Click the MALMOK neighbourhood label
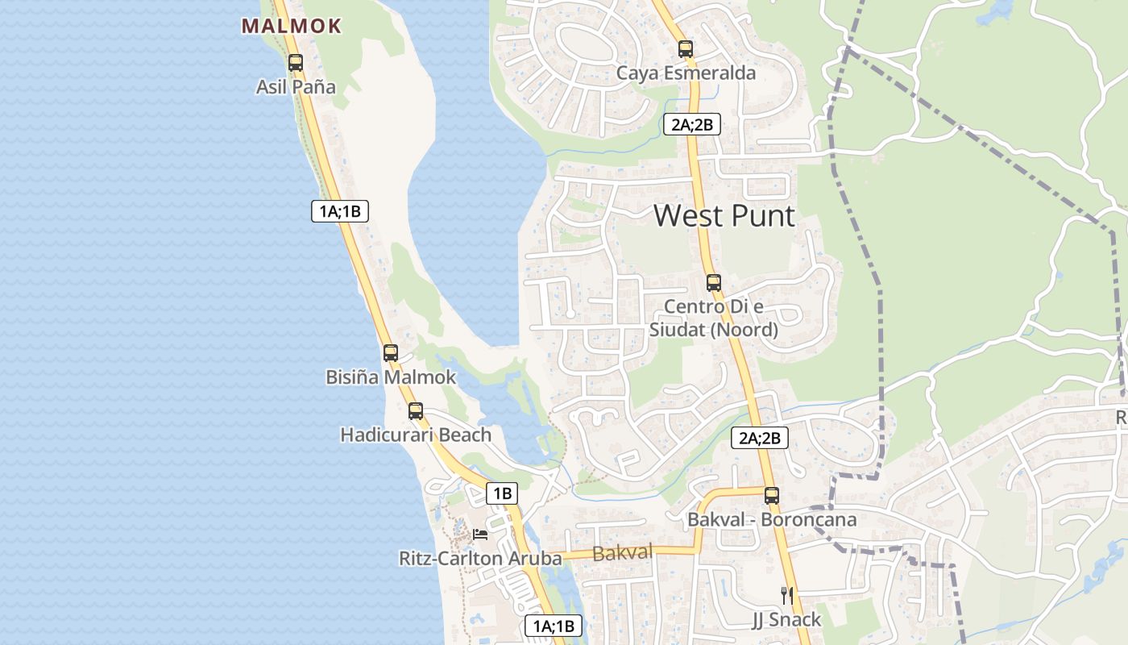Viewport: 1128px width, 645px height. point(292,26)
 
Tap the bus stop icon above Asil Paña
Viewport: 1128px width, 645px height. point(296,62)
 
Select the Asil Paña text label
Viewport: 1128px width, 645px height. point(296,86)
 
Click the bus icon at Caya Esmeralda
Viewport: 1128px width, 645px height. point(686,48)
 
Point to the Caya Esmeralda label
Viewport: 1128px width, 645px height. point(686,73)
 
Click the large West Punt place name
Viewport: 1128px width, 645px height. point(724,215)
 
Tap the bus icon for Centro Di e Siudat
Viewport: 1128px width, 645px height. point(713,283)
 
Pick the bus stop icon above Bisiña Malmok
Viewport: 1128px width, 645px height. point(391,352)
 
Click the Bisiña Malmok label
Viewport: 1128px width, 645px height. point(391,377)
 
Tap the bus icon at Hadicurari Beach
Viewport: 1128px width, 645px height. point(416,410)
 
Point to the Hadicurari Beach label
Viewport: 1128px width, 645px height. point(416,435)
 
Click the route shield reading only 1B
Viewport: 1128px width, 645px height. point(502,493)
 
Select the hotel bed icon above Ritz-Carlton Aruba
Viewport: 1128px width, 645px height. point(480,534)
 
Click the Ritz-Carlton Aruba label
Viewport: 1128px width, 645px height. point(480,558)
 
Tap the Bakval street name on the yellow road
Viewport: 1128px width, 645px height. point(622,553)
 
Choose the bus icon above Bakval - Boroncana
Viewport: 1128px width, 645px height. point(771,495)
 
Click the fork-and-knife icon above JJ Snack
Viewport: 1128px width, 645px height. point(787,596)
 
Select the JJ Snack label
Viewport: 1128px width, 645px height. point(786,619)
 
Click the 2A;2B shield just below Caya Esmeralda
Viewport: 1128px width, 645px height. point(691,124)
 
